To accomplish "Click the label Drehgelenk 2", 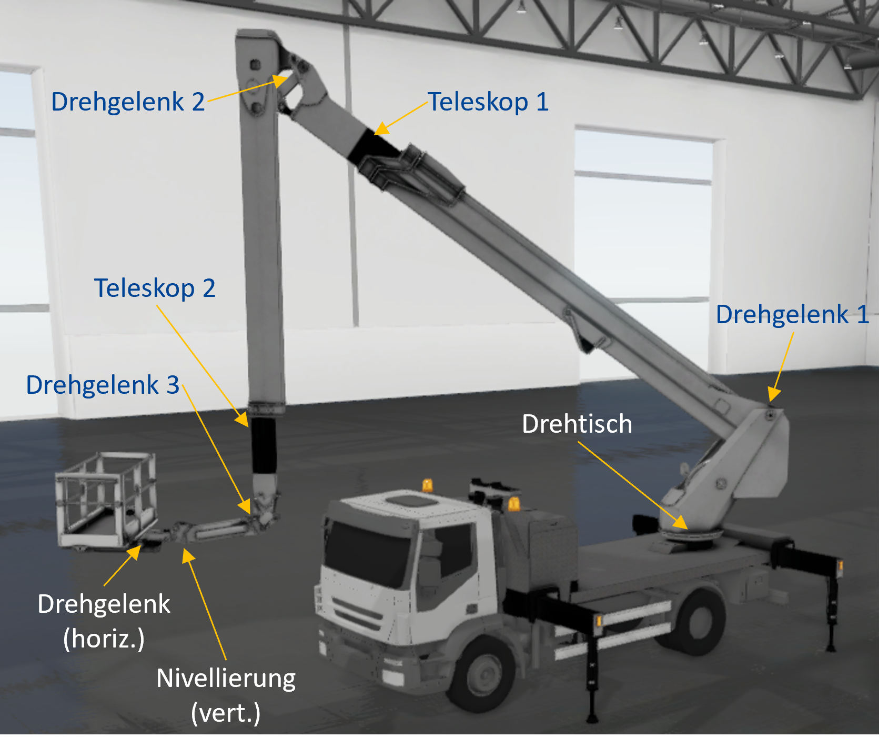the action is [128, 102].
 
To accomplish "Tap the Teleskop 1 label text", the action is [488, 102].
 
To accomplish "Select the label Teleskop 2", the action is [155, 288].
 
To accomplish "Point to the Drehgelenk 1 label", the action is [792, 315].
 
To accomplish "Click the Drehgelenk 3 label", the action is [103, 385].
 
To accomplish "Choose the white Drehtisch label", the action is [577, 424].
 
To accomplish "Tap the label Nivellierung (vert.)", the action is [226, 695].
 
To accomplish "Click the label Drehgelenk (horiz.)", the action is [104, 621].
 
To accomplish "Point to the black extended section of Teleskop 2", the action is [264, 445].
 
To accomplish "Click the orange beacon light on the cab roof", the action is [428, 485].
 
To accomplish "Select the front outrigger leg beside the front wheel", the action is [591, 669].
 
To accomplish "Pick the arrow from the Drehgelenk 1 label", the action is [782, 367].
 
